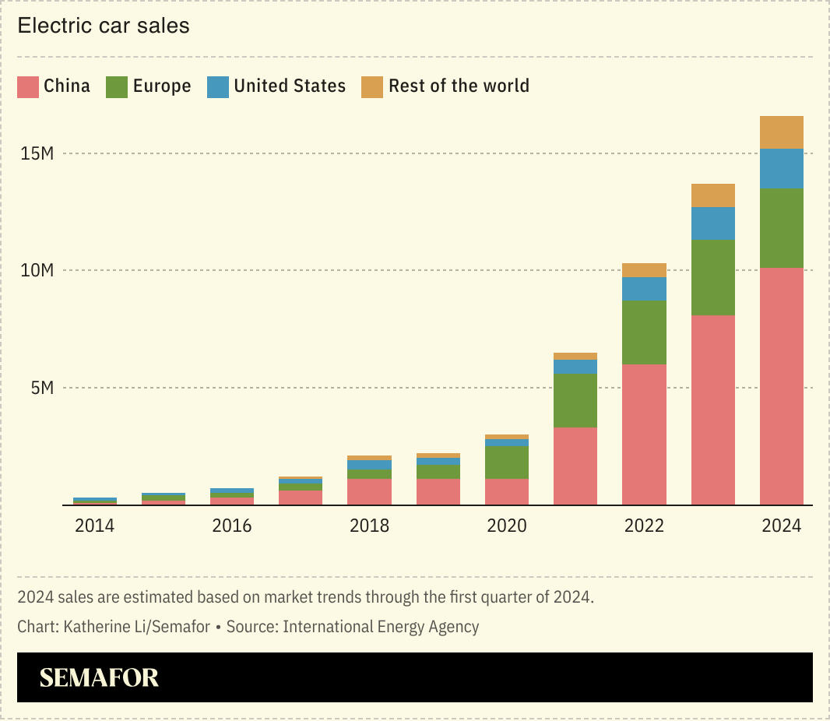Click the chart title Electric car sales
104,26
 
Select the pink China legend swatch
28,86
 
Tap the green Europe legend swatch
117,86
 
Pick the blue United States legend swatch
217,86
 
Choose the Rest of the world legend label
459,86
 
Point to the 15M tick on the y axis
37,153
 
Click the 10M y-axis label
37,271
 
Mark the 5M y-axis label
42,388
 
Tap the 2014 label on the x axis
94,526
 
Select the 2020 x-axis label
507,526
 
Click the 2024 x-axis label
781,526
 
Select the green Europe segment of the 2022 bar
644,332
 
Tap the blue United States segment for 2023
712,223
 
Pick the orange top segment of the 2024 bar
781,132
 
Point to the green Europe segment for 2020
507,462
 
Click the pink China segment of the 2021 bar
575,466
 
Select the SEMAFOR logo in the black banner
99,677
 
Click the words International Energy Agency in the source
381,627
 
